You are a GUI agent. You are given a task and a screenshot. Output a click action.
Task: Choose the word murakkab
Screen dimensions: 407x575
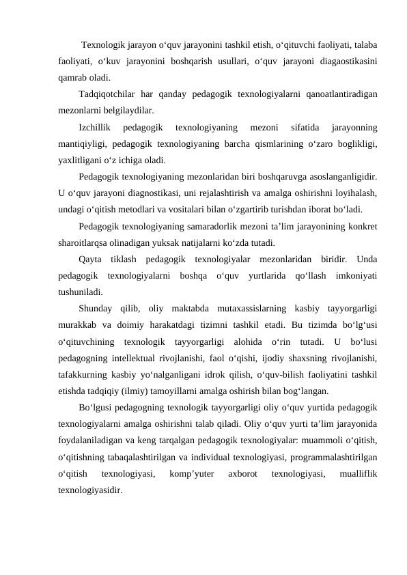click(80, 325)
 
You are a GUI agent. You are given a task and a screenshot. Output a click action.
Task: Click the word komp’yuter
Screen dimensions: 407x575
click(191, 473)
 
